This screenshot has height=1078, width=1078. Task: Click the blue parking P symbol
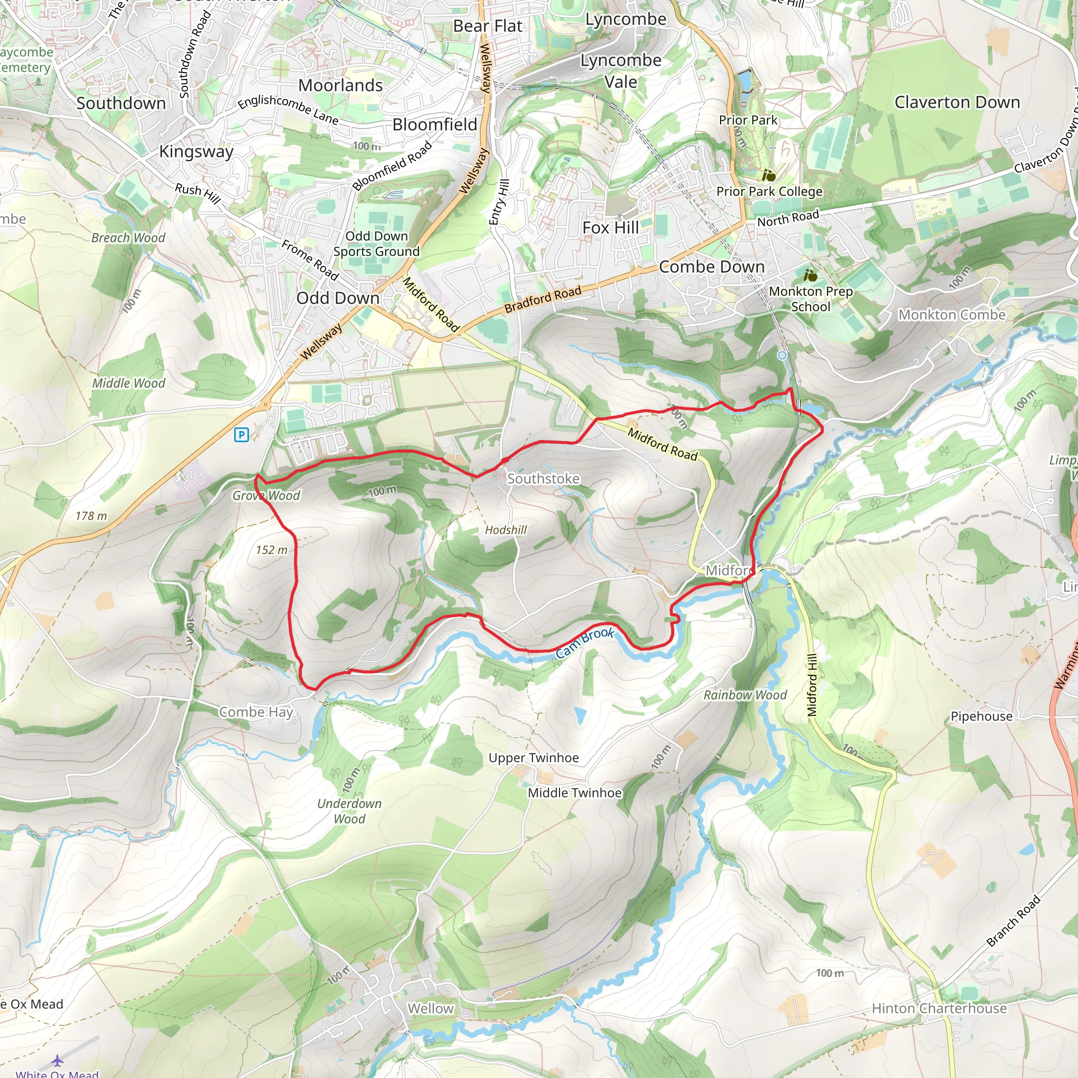click(x=241, y=435)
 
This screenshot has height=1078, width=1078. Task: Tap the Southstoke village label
click(x=543, y=479)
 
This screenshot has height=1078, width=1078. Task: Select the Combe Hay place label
click(x=255, y=712)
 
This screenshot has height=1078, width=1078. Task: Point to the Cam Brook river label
click(x=584, y=642)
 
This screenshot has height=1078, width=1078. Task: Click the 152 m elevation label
click(x=272, y=550)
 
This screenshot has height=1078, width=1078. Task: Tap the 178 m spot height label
click(x=91, y=516)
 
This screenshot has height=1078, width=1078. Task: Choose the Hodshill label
click(x=505, y=530)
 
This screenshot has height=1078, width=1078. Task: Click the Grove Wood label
click(x=266, y=495)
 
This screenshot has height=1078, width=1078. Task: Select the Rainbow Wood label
click(x=744, y=695)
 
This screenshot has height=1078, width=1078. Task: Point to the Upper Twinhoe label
click(x=533, y=758)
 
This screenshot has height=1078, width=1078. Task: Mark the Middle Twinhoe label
click(x=574, y=793)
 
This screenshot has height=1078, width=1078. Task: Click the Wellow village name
click(x=430, y=1009)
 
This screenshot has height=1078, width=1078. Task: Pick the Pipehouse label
click(x=981, y=716)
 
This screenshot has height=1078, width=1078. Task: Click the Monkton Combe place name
click(x=951, y=315)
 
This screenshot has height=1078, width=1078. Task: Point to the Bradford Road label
click(x=542, y=300)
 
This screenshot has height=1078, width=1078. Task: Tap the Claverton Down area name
click(x=957, y=103)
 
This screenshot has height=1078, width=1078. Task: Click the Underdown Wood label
click(x=350, y=811)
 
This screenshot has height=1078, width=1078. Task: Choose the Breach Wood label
click(x=128, y=238)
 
